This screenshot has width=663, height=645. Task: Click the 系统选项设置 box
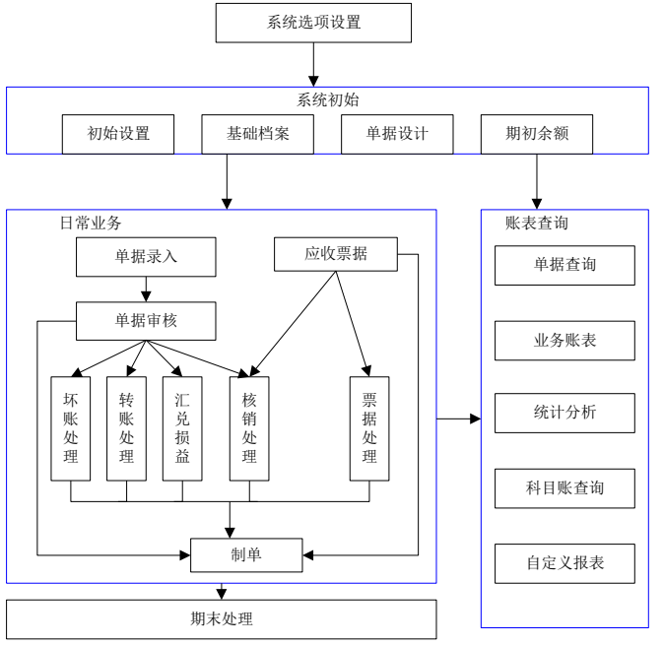[313, 22]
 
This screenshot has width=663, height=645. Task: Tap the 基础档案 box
[258, 135]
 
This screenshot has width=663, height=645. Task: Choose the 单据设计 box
[398, 135]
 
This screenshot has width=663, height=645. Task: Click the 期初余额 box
[537, 135]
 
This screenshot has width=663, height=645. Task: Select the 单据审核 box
[146, 317]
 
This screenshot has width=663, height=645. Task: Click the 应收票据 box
[335, 254]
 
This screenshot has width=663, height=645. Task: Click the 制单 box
[245, 556]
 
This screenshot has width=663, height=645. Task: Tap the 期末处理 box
[222, 619]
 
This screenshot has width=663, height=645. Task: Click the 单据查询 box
[564, 265]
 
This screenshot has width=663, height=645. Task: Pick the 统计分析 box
[564, 413]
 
